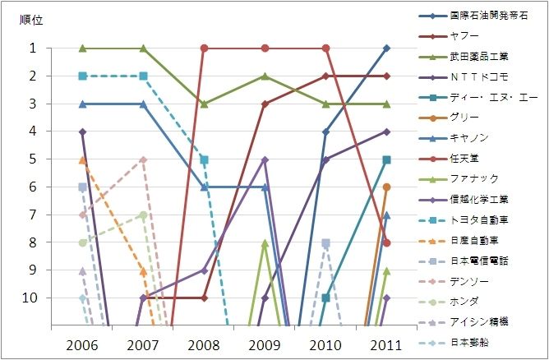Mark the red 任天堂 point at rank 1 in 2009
click(x=265, y=48)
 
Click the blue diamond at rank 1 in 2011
click(x=386, y=48)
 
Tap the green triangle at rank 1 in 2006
click(x=82, y=48)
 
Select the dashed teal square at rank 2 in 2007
click(x=143, y=76)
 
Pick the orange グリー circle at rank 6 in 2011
click(x=386, y=187)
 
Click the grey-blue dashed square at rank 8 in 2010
click(x=325, y=242)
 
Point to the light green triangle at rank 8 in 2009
click(x=265, y=242)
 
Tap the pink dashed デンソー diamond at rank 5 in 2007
click(x=143, y=159)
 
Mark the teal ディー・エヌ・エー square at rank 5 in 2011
click(x=386, y=159)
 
